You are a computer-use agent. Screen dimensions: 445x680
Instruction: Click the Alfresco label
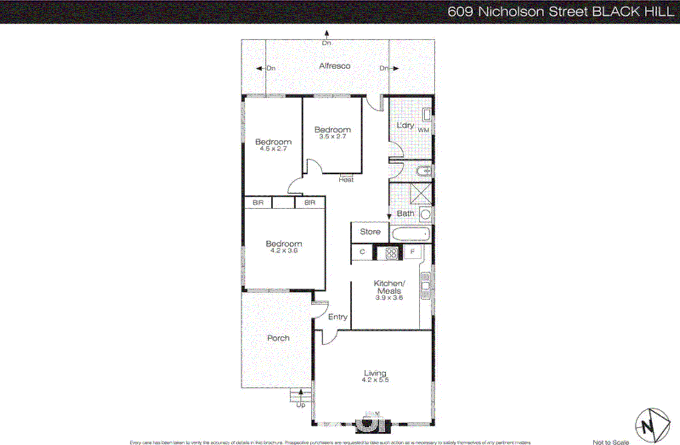(334, 66)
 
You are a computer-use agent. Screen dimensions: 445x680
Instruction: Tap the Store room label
(370, 232)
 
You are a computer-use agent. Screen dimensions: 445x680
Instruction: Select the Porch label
(278, 338)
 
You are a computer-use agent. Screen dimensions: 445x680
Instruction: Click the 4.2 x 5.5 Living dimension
(375, 380)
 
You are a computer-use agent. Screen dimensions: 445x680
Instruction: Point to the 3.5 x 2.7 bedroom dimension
(332, 137)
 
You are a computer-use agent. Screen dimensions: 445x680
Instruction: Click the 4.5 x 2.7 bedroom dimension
(273, 149)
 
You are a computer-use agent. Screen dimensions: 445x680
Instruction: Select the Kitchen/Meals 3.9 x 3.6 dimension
(389, 298)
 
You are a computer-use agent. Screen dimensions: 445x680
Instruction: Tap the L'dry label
(405, 125)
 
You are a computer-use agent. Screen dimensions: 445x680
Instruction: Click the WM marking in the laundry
(423, 130)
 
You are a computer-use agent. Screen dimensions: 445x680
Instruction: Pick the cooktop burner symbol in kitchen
(391, 253)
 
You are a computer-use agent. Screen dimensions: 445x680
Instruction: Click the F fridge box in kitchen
(412, 252)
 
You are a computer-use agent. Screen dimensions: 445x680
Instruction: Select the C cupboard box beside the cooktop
(362, 252)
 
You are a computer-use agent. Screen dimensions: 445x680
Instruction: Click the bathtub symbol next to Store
(410, 234)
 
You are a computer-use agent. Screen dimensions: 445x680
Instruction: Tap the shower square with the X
(420, 194)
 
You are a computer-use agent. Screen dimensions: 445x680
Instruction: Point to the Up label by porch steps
(300, 405)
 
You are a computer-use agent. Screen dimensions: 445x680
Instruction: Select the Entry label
(337, 317)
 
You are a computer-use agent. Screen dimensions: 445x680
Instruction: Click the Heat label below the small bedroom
(346, 180)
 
